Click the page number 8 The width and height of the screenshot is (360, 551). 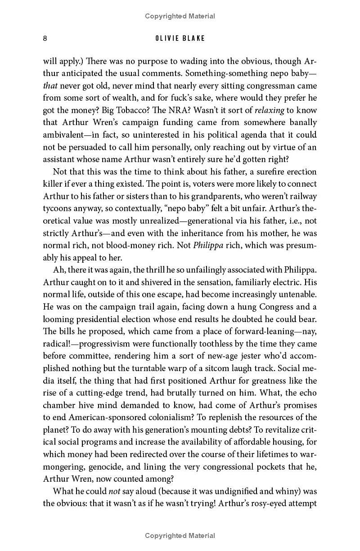point(45,38)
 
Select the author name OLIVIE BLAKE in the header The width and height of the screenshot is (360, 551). point(180,38)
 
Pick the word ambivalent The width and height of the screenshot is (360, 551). point(64,134)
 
